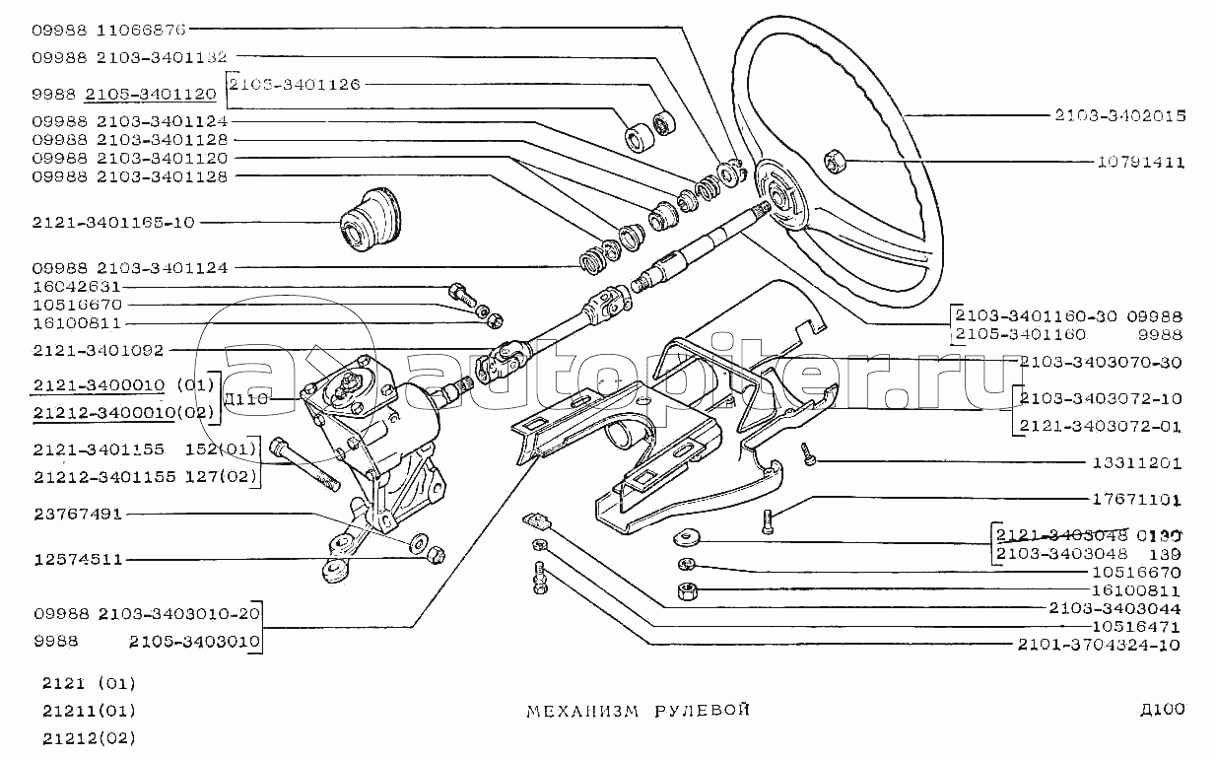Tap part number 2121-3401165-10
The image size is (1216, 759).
[x=113, y=223]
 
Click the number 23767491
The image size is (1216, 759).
[x=77, y=514]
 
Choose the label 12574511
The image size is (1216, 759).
[x=77, y=559]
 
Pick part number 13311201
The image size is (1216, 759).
[x=1136, y=462]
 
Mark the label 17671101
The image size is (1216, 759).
[x=1136, y=500]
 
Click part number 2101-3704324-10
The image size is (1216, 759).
[x=1101, y=646]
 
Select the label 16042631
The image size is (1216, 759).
[x=77, y=287]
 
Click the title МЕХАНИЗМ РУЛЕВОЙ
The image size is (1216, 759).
[x=640, y=710]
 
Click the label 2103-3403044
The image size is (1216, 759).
[x=1115, y=608]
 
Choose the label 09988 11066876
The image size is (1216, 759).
[x=108, y=30]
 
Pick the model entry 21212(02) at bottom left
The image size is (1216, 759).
[x=89, y=737]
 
